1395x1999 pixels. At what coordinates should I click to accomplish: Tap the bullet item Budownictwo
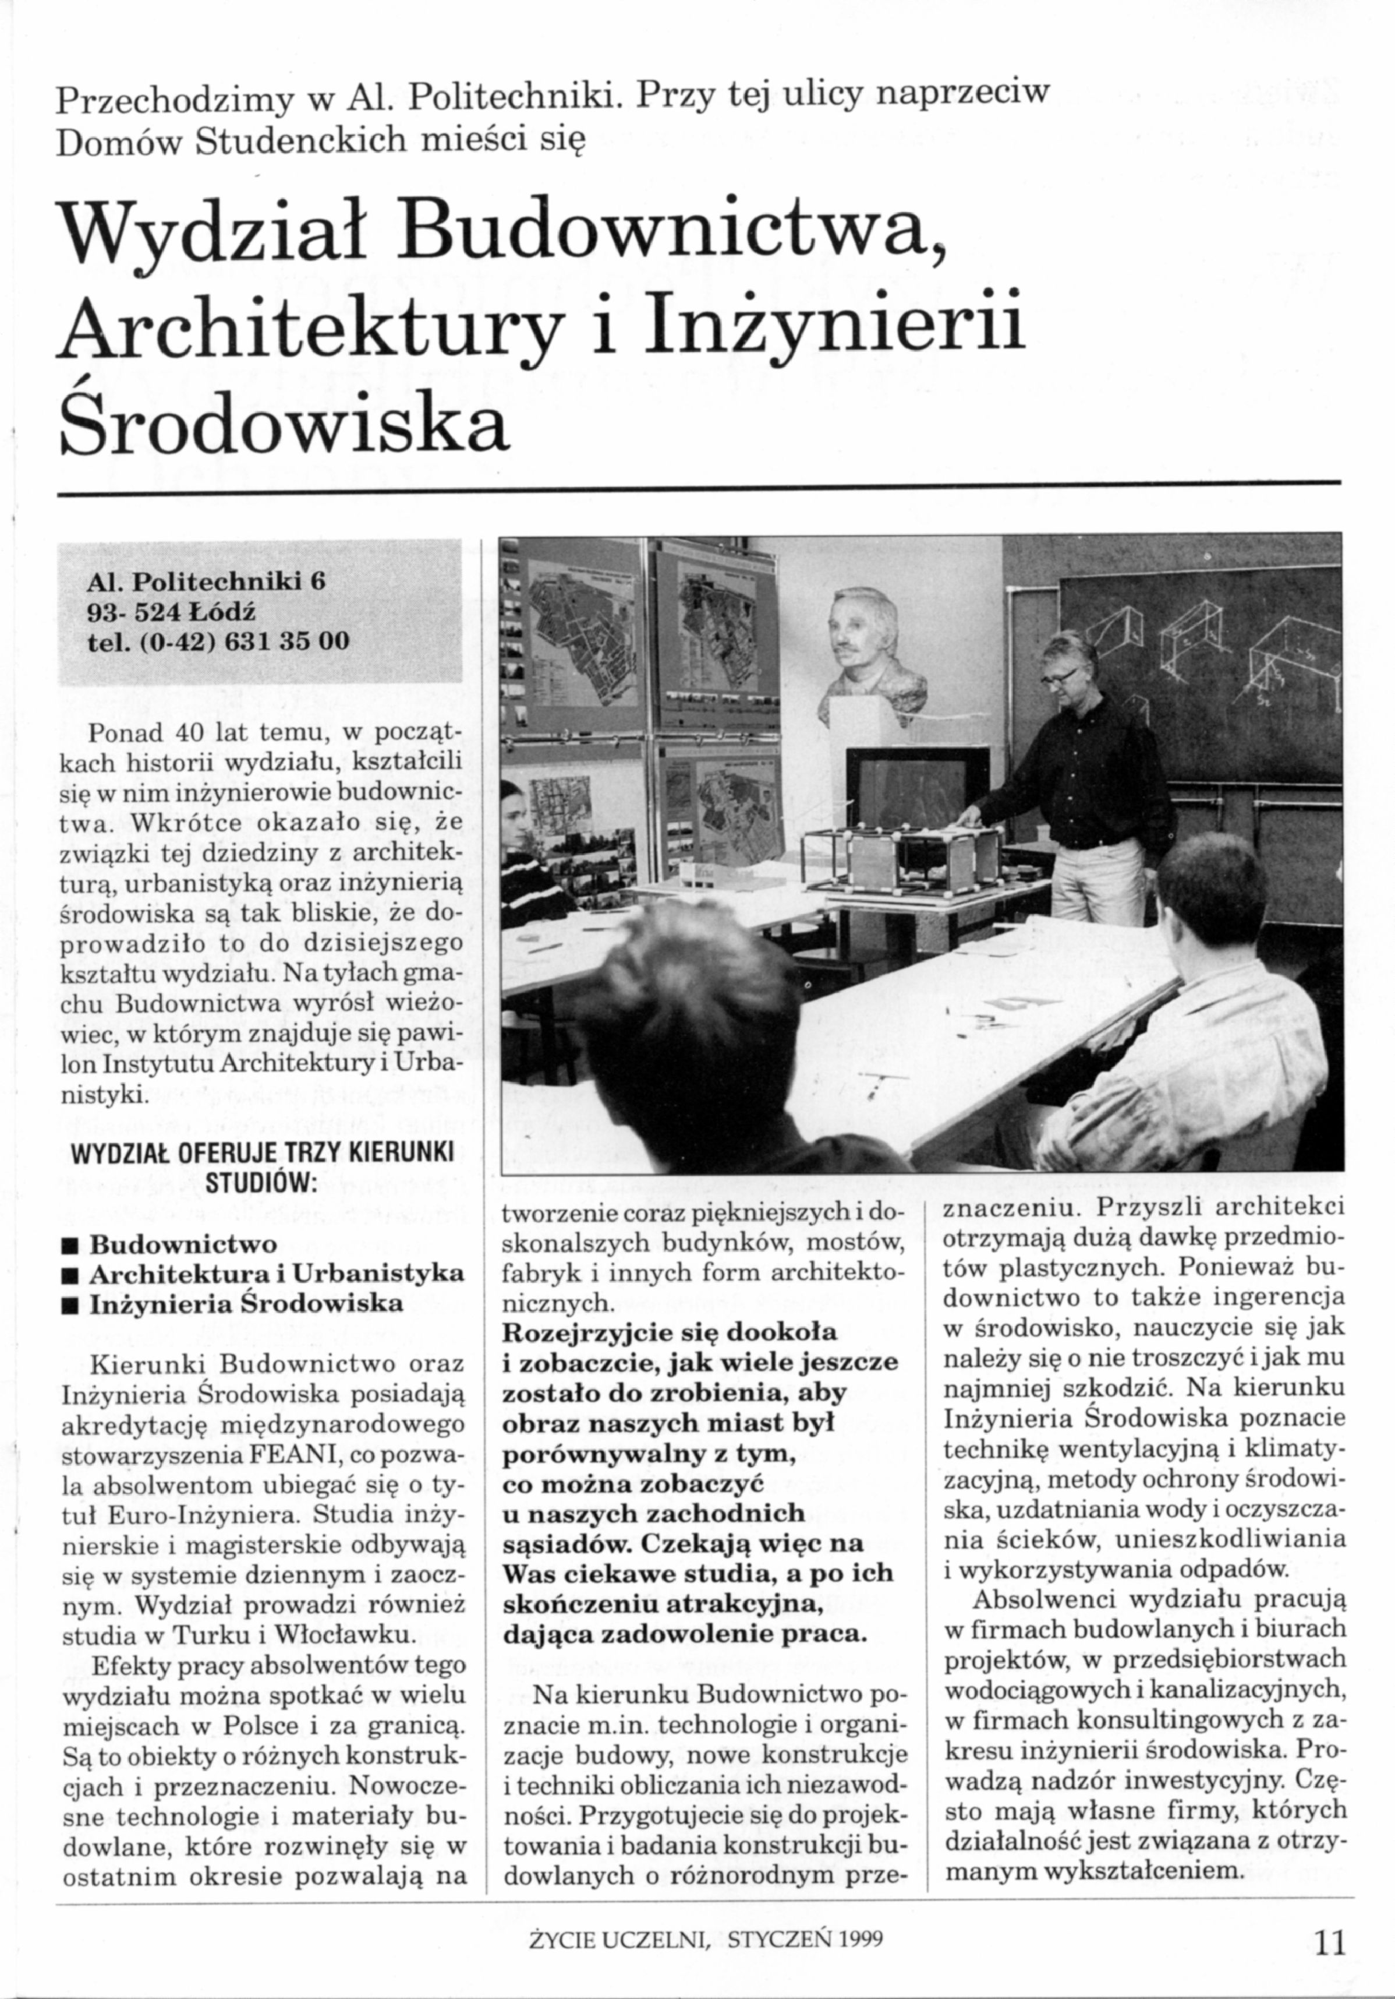[183, 1243]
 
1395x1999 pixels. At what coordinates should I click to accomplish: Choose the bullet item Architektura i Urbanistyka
[277, 1273]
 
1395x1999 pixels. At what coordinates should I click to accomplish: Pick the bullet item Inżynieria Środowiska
[247, 1303]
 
